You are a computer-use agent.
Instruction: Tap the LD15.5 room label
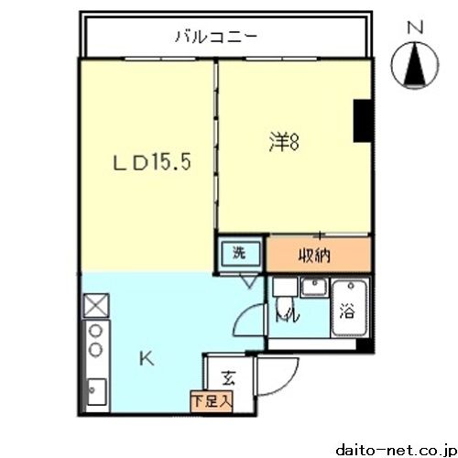[151, 166]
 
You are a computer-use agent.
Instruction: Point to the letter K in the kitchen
[146, 361]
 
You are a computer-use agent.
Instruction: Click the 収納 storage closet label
[313, 256]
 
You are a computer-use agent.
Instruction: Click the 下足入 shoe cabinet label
[213, 400]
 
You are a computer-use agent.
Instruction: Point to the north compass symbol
[413, 66]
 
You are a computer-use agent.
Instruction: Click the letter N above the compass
[413, 28]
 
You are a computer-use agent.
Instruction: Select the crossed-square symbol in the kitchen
[94, 304]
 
